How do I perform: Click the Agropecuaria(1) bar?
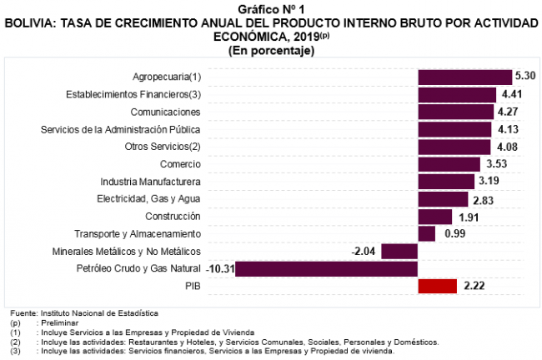tap(464, 77)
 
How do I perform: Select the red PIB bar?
tap(438, 287)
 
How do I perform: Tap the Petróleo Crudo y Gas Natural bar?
tap(326, 269)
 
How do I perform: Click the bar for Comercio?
tap(449, 164)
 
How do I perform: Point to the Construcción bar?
tap(434, 217)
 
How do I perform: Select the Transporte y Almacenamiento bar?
tap(427, 234)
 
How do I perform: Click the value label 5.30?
tap(525, 77)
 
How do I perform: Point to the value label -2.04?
tap(365, 252)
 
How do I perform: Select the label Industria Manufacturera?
tap(151, 182)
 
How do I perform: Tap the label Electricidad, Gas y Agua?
tap(149, 199)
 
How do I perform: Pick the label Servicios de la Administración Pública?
tap(121, 129)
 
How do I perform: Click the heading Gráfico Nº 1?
tap(270, 7)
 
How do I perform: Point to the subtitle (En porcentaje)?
tap(270, 50)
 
